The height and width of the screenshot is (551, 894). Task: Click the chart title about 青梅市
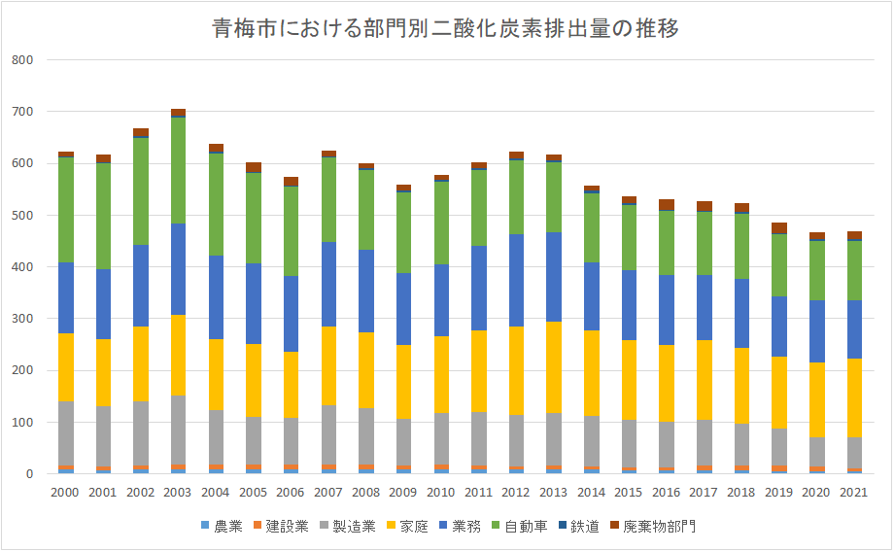tap(446, 28)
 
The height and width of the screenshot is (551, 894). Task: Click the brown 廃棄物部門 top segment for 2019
tap(779, 227)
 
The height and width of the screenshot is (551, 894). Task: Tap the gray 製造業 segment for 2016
tap(667, 444)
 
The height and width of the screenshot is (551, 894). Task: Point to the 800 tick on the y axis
tap(23, 60)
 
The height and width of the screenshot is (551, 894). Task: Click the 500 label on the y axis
tap(23, 216)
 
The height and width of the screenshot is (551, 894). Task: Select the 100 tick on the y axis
tap(23, 423)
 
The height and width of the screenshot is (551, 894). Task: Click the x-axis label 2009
tap(403, 493)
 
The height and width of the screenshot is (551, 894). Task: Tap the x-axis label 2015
tap(629, 493)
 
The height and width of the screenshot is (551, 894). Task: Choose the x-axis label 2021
tap(854, 493)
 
